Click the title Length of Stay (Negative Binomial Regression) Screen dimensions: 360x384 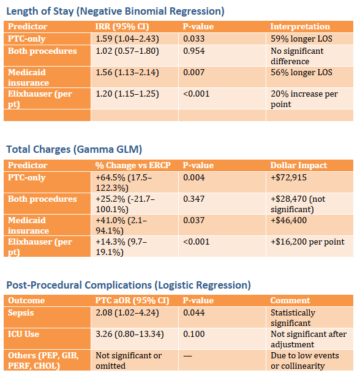pos(115,11)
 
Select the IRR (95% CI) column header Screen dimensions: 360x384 pos(122,26)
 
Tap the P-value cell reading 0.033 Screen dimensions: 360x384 pos(193,39)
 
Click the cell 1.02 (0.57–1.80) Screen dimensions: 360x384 pos(127,51)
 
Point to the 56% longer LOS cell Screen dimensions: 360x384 pos(301,72)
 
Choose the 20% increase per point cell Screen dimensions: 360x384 pos(304,98)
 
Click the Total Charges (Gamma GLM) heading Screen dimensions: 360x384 pos(74,149)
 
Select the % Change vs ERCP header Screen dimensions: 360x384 pos(133,165)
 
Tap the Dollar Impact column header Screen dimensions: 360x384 pos(298,165)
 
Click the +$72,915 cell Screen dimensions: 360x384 pos(288,177)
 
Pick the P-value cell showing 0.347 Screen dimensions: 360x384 pos(193,199)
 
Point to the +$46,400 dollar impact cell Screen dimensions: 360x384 pos(288,220)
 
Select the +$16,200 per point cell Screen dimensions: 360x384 pos(307,242)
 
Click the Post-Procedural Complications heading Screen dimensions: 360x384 pos(129,285)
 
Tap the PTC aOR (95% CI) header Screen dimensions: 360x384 pos(132,300)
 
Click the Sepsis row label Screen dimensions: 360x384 pos(21,312)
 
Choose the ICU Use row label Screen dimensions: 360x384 pos(23,334)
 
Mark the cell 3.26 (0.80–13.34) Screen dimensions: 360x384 pos(129,334)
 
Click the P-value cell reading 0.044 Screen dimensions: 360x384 pos(193,312)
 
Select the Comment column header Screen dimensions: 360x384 pos(290,300)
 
